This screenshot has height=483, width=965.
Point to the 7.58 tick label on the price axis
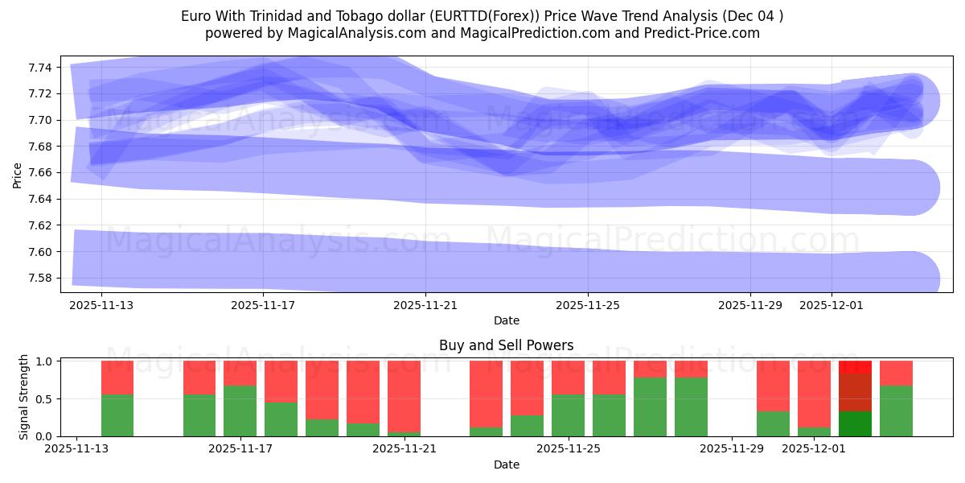point(41,279)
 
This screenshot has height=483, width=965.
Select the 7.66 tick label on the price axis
point(41,173)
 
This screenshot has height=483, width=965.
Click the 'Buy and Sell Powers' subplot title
point(506,345)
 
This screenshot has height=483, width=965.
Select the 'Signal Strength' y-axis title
point(24,397)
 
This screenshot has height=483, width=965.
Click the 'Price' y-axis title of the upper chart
point(18,174)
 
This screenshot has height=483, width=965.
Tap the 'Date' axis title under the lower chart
point(506,464)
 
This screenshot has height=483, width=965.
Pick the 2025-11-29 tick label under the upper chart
point(749,306)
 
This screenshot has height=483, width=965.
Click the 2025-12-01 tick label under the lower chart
point(814,449)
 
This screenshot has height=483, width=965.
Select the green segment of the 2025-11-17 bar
point(240,411)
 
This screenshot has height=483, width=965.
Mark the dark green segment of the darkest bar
point(855,423)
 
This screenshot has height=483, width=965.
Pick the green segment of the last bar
point(896,411)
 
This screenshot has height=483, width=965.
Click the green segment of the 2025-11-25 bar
point(568,415)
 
